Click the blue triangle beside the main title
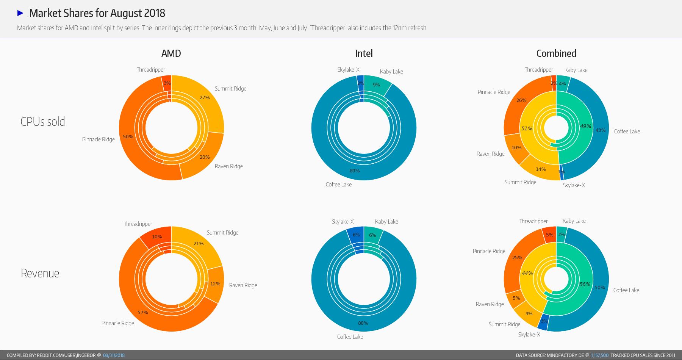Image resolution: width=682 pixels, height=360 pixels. (x=20, y=13)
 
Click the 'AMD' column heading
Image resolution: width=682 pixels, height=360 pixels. (x=171, y=53)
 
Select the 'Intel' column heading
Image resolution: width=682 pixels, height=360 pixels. (x=364, y=53)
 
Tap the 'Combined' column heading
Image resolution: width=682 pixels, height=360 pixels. (x=556, y=53)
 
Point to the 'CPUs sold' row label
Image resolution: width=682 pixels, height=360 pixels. (x=43, y=122)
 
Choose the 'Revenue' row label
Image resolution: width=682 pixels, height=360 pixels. (x=40, y=273)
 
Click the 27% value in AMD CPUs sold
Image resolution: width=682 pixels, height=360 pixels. (x=205, y=98)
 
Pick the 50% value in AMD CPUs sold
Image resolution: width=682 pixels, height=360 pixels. (x=128, y=137)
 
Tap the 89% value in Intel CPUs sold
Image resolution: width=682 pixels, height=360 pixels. (x=355, y=171)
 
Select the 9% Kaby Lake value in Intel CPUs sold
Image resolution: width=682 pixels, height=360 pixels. (x=376, y=85)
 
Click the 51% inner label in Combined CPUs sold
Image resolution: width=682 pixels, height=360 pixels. (x=527, y=128)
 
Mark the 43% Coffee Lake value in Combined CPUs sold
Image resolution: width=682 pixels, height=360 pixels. (x=601, y=130)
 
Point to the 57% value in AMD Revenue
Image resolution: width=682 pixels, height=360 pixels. (x=143, y=313)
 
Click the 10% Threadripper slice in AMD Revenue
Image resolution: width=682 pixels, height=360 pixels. (x=157, y=237)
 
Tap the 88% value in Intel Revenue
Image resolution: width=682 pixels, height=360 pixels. (x=363, y=323)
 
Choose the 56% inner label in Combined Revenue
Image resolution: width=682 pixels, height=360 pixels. (x=585, y=284)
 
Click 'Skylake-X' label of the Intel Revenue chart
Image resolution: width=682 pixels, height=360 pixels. (x=343, y=222)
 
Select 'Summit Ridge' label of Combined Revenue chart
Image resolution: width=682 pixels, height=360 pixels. (x=504, y=324)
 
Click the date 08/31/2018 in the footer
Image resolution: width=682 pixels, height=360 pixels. (x=114, y=355)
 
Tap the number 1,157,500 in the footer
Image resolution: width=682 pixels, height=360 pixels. (x=599, y=355)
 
